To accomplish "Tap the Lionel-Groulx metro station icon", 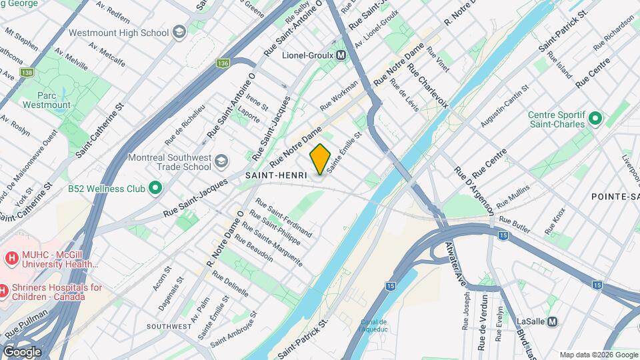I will click(x=341, y=55).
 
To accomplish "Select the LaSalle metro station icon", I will click(x=552, y=321).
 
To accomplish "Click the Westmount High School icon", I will click(x=179, y=32).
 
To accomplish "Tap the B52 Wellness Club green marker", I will click(x=155, y=189).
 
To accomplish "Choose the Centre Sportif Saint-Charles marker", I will click(x=595, y=120).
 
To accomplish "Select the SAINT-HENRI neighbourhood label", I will click(x=276, y=175).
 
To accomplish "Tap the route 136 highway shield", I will click(x=223, y=63).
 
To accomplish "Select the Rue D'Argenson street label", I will click(x=474, y=190).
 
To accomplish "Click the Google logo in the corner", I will click(x=22, y=351).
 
